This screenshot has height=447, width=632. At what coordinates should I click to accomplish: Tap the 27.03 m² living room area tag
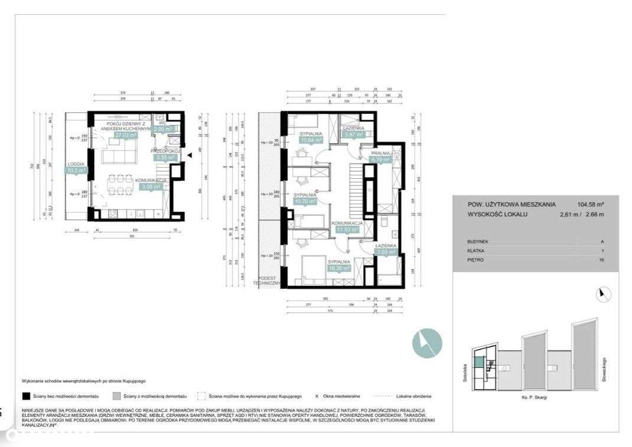coord(125,135)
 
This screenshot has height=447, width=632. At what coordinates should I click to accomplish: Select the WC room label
coord(162,123)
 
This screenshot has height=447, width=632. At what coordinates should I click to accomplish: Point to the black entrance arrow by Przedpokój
coord(190,155)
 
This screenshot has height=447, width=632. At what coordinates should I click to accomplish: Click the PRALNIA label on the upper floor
coord(380,152)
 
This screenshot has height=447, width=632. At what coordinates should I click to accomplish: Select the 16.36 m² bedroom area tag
coord(338,267)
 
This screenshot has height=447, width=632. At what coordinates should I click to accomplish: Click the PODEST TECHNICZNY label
coord(265,280)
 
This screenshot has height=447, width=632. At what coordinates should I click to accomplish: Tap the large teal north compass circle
coord(427,342)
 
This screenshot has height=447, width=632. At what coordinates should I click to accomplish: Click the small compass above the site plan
coord(603,294)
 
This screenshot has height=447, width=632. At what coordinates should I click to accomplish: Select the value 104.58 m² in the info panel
coord(591,204)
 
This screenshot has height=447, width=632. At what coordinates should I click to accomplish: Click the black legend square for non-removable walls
coord(25,396)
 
